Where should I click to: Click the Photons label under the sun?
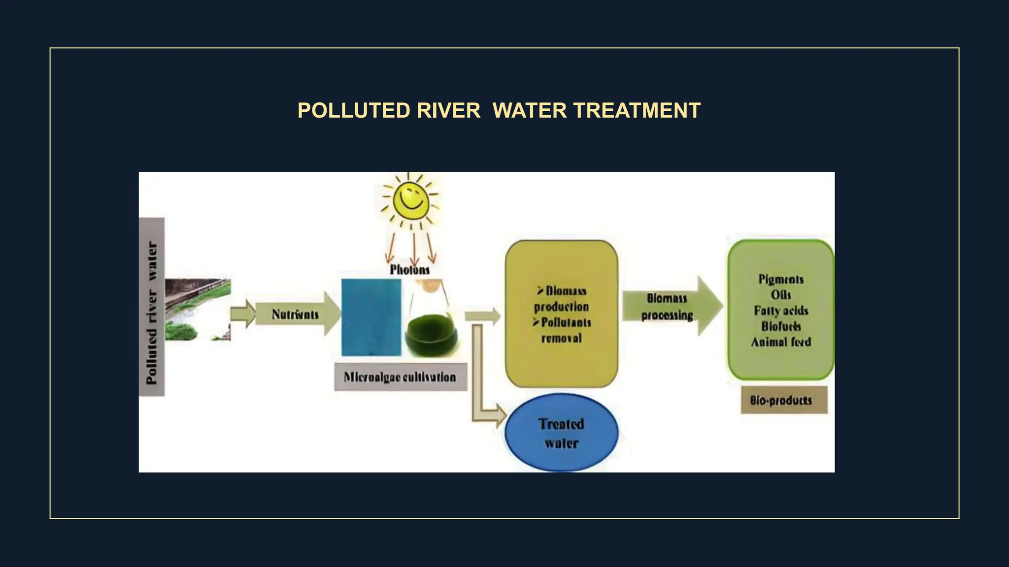point(409,270)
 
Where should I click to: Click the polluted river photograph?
point(198,310)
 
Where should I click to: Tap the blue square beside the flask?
point(371,317)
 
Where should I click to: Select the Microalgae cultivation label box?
point(400,377)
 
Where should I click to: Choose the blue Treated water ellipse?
point(561,433)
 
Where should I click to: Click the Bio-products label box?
point(783,400)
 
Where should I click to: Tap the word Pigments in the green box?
point(781,280)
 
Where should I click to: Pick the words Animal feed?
point(781,342)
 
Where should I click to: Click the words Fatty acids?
point(781,311)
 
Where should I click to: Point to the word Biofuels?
point(781,326)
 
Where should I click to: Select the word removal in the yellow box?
point(561,338)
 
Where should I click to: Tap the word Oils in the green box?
point(781,295)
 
